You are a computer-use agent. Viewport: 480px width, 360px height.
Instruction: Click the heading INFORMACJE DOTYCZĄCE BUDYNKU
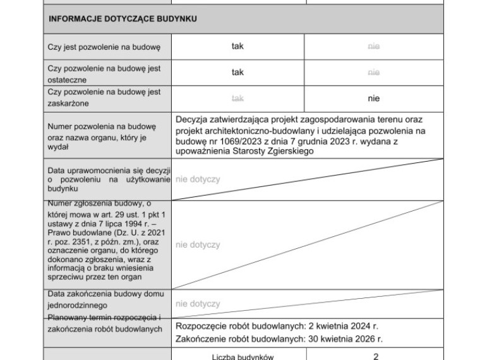point(123,19)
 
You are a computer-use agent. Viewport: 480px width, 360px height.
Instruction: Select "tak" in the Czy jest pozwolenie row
point(237,46)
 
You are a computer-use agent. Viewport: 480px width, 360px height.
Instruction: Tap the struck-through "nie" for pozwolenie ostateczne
point(373,73)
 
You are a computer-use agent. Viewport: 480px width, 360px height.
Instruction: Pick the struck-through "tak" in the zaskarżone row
point(237,99)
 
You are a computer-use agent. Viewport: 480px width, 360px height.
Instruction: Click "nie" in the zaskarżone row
point(373,99)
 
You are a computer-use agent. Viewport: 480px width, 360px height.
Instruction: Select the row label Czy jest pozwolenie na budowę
point(104,47)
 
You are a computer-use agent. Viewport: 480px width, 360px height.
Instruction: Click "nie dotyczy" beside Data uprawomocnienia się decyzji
point(198,179)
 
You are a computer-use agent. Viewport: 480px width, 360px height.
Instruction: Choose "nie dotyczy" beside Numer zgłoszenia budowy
point(198,244)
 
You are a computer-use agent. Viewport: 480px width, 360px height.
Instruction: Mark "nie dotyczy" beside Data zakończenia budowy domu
point(198,304)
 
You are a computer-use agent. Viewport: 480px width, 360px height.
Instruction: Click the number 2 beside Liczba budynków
point(375,357)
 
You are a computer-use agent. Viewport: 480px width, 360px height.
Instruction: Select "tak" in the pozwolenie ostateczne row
point(237,73)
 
